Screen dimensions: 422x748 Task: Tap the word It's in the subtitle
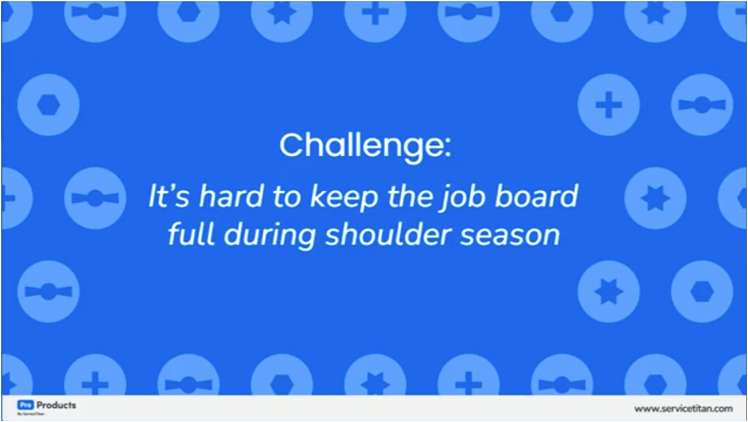click(x=168, y=197)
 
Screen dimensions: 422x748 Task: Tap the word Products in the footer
click(x=56, y=405)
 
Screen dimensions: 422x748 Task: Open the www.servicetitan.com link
click(x=683, y=408)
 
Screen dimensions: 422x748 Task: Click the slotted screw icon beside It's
click(x=95, y=198)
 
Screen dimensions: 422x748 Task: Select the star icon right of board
click(x=655, y=198)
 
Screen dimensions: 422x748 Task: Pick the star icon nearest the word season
click(x=608, y=292)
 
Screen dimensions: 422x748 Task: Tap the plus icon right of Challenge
click(x=608, y=105)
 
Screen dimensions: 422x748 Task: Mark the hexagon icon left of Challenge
click(x=48, y=105)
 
